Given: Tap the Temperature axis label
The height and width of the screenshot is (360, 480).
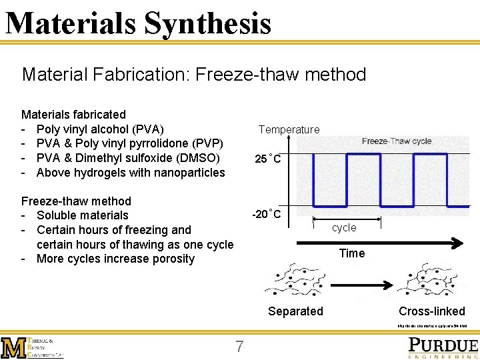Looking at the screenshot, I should coord(289,129).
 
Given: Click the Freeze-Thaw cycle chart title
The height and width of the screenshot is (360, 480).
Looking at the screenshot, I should coord(396,141).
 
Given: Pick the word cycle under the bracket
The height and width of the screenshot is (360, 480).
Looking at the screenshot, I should coord(344,227).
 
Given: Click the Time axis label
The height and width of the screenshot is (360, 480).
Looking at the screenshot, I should coord(351,253).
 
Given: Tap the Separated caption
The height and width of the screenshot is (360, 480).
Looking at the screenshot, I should coord(295,311).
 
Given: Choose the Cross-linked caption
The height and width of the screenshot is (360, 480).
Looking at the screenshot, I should coord(431,311).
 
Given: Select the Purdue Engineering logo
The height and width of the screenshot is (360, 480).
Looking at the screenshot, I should coord(443,347).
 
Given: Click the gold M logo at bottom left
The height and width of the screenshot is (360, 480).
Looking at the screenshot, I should coord(14,347).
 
